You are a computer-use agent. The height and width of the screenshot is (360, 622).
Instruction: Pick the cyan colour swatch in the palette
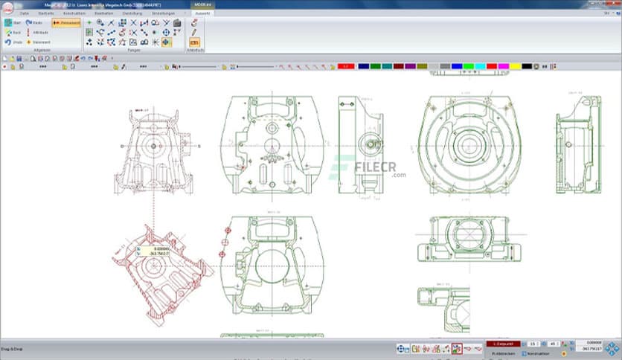click(480, 66)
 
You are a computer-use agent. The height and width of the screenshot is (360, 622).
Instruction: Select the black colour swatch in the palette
click(527, 66)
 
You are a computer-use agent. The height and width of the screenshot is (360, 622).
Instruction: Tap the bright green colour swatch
click(469, 66)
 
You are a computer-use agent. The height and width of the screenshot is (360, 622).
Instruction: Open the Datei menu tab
click(25, 13)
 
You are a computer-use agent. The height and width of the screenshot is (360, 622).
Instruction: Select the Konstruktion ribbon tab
click(74, 13)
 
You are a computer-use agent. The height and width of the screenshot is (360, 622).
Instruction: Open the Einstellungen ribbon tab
click(163, 13)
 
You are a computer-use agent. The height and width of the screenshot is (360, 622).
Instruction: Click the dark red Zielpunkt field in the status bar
click(502, 343)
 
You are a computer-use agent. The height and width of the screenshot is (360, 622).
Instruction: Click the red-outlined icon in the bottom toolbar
click(456, 347)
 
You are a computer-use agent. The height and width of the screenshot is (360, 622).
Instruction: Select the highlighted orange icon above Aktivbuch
click(194, 42)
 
